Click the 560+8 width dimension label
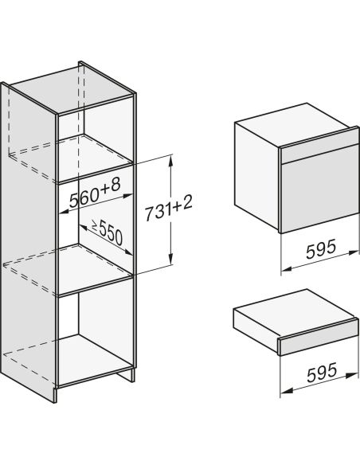(95, 193)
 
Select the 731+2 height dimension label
(168, 208)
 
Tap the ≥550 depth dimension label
(107, 232)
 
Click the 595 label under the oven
(321, 248)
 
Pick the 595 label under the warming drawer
(322, 372)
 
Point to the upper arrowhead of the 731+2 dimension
(170, 162)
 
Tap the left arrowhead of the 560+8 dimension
(65, 212)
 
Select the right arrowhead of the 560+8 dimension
(127, 196)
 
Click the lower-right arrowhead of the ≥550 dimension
(127, 252)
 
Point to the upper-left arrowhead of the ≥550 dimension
(84, 227)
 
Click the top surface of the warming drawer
(294, 313)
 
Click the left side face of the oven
(256, 175)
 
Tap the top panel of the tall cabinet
(71, 88)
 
